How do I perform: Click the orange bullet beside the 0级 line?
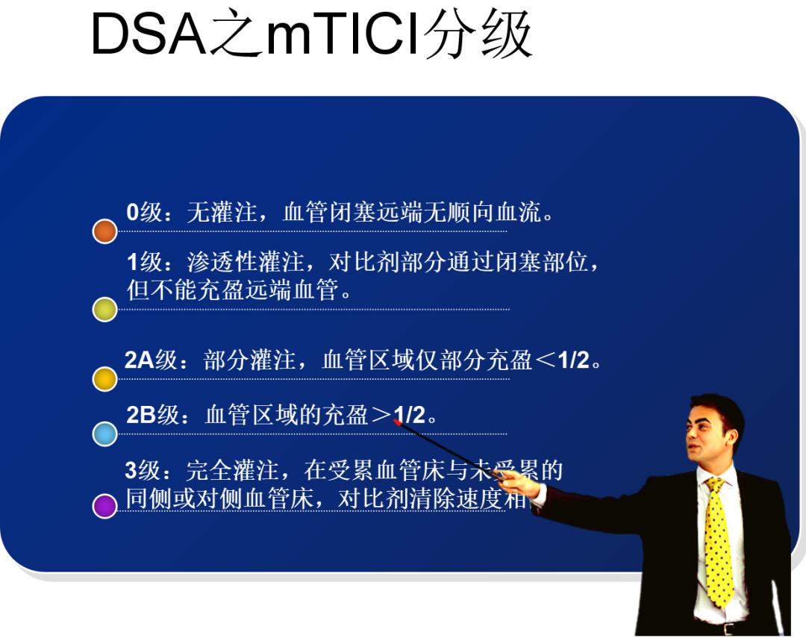click(x=105, y=231)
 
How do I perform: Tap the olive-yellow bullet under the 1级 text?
click(x=105, y=309)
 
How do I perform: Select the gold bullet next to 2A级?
click(x=105, y=379)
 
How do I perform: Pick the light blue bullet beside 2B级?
click(x=105, y=434)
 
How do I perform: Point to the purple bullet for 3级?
click(x=105, y=506)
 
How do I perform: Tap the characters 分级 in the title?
click(x=478, y=35)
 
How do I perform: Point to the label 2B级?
click(x=152, y=415)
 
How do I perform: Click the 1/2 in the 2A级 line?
click(x=573, y=360)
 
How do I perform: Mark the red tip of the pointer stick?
click(x=398, y=422)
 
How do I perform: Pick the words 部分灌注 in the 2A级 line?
click(x=250, y=360)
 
